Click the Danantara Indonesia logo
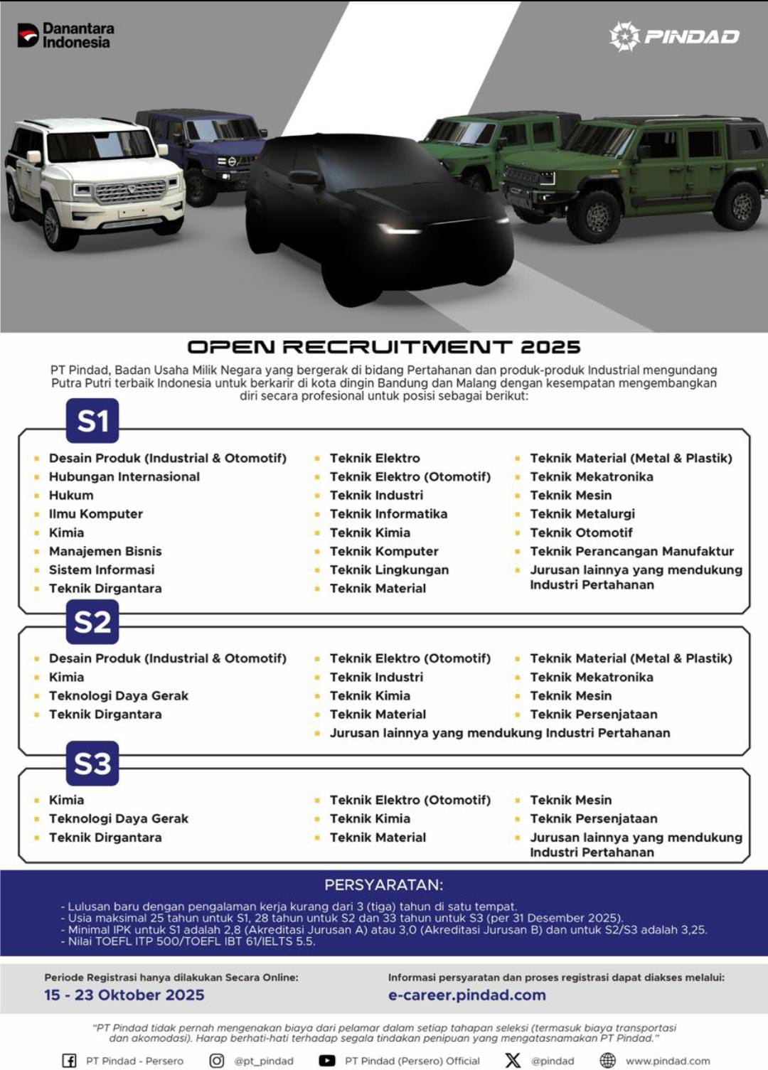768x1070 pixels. coord(65,35)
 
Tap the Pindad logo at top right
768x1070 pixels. coord(674,36)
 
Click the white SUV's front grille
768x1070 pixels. coord(130,191)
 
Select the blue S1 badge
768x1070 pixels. coord(92,421)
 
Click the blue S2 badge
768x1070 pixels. coord(92,622)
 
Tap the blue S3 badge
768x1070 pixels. coord(92,764)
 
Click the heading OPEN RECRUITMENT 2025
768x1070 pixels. coord(384,347)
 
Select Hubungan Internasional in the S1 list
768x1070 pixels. coord(124,477)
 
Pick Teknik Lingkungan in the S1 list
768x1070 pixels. coord(389,570)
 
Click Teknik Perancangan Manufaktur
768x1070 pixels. coord(631,551)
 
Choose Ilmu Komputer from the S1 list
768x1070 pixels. coord(95,514)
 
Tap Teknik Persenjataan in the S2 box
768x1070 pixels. coord(593,715)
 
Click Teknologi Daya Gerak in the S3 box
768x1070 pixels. coord(118,819)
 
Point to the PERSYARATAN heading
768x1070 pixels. coord(383,885)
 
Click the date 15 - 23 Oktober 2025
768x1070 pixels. coord(124,995)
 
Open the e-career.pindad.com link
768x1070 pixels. coord(466,995)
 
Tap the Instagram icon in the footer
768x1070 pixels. coord(217,1061)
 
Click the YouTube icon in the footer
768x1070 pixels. coord(327,1061)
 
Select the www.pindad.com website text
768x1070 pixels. coord(667,1061)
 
